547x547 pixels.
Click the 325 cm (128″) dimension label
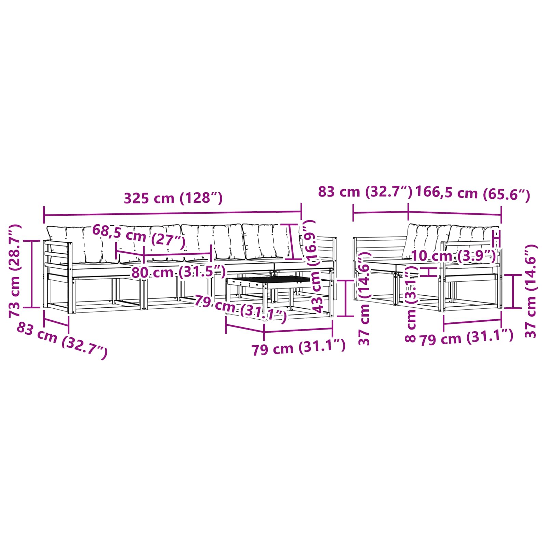pyautogui.click(x=173, y=198)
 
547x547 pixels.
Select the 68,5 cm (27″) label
pyautogui.click(x=138, y=236)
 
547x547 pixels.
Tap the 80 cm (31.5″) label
pyautogui.click(x=178, y=272)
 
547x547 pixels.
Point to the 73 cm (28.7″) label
pyautogui.click(x=15, y=271)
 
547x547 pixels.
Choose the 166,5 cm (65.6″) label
pyautogui.click(x=472, y=194)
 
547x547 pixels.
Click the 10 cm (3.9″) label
pyautogui.click(x=453, y=256)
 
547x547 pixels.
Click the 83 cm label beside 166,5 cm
pyautogui.click(x=365, y=192)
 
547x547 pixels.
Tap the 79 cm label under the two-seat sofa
pyautogui.click(x=466, y=338)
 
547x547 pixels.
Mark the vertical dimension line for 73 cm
pyautogui.click(x=32, y=274)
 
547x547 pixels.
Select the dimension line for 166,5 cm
pyautogui.click(x=455, y=213)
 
